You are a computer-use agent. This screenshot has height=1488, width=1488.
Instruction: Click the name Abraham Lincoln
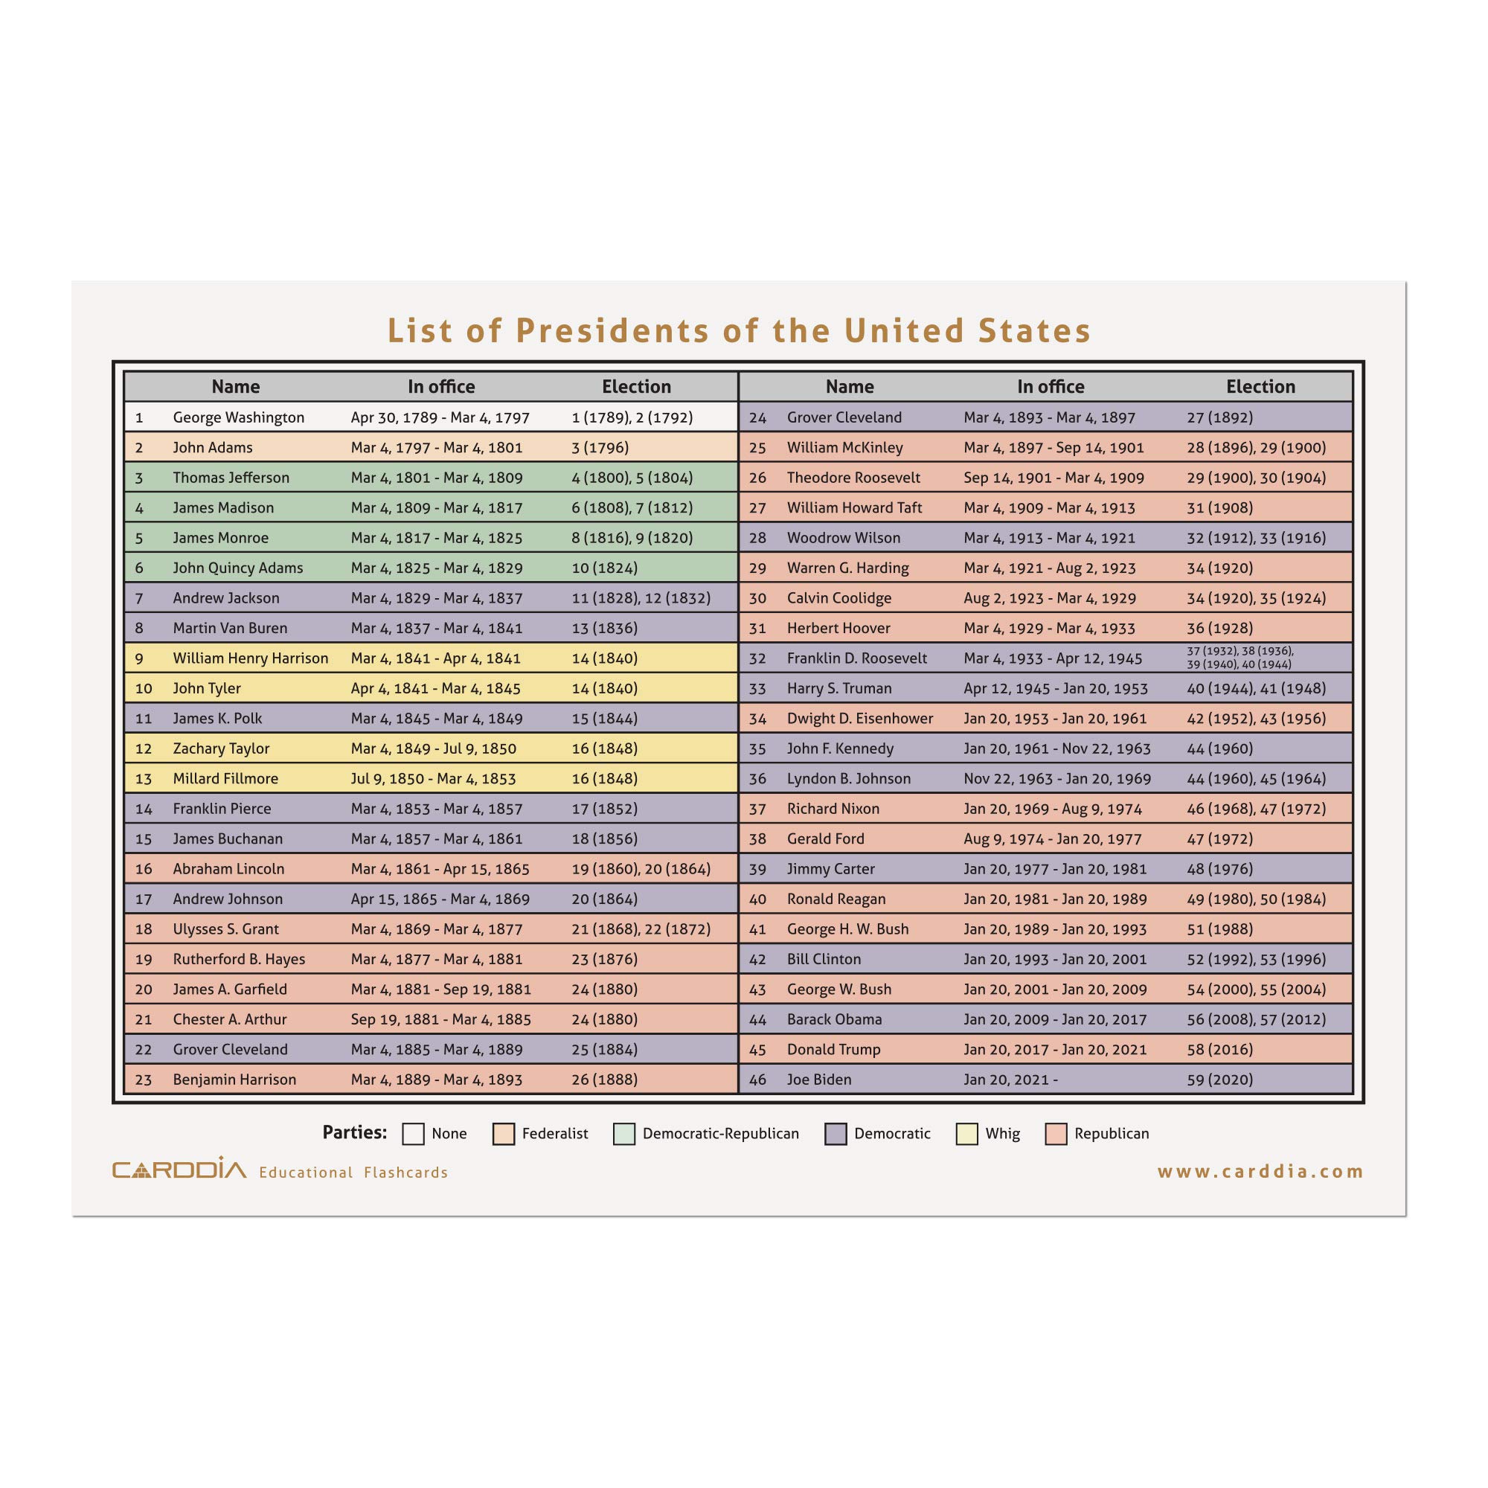point(228,869)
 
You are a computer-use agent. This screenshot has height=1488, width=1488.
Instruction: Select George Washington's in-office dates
point(440,417)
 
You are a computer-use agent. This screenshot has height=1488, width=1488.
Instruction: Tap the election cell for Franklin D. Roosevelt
point(1240,658)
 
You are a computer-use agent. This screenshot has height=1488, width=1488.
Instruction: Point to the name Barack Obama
point(834,1019)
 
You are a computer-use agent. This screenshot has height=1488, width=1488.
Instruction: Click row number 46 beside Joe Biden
point(758,1079)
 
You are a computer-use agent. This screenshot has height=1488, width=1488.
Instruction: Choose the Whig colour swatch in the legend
point(966,1134)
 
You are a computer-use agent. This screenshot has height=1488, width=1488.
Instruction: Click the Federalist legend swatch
point(504,1134)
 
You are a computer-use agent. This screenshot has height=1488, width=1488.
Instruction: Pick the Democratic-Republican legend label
point(720,1134)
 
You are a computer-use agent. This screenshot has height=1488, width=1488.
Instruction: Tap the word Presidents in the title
point(612,330)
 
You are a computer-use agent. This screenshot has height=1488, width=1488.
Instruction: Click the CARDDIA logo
point(179,1170)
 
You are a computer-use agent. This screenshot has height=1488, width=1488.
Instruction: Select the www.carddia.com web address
point(1260,1172)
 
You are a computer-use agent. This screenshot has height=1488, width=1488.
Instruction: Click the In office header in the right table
point(1051,387)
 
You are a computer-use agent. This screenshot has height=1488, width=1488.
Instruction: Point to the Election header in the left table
point(636,387)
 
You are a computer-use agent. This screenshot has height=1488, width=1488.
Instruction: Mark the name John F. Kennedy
point(840,748)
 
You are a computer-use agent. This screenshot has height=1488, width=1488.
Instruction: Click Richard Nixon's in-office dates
point(1053,809)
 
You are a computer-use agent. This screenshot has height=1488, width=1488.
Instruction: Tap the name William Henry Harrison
point(250,658)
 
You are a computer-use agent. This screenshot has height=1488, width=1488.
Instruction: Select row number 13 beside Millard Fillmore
point(144,779)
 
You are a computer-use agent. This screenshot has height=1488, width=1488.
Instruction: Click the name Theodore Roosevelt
point(853,478)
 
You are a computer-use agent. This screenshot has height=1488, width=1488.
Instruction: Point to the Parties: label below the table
point(354,1132)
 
